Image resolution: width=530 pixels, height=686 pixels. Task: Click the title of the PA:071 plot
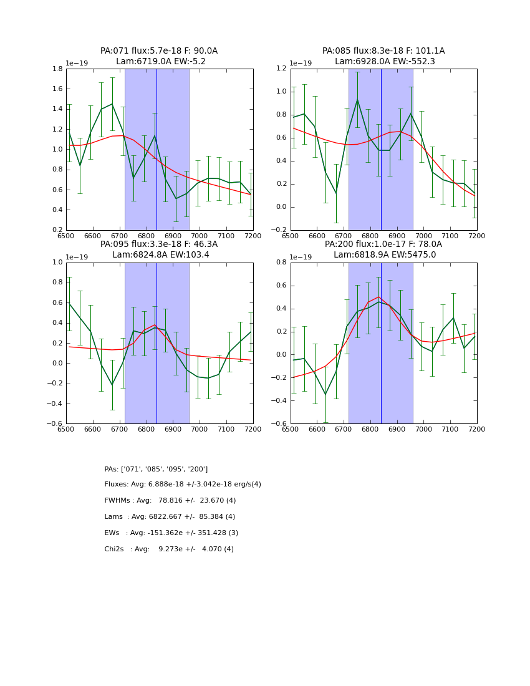159,56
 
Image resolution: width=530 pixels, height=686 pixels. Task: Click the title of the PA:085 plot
383,56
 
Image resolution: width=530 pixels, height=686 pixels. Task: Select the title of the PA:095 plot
159,249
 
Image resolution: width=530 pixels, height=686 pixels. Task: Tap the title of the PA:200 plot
383,249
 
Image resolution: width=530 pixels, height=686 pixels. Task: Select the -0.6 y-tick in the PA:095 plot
55,423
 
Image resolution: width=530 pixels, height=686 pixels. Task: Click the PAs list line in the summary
156,469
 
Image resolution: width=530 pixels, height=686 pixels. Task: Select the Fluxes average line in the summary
183,485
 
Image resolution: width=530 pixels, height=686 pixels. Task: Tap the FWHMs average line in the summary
170,501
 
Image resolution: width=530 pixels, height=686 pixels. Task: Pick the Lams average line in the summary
170,517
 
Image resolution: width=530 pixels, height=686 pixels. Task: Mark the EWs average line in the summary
171,533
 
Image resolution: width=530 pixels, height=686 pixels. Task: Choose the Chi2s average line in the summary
169,549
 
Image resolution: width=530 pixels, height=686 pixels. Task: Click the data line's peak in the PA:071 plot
112,104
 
